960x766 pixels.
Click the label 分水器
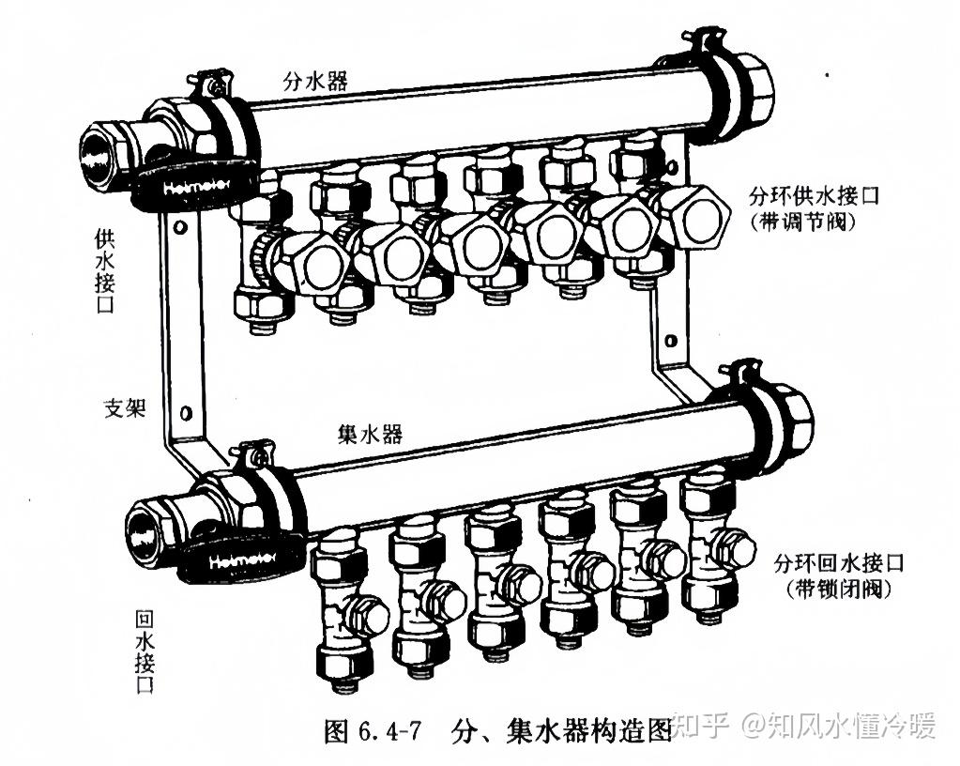[x=315, y=81]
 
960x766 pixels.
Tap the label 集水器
[x=370, y=434]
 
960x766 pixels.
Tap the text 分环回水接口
[x=838, y=564]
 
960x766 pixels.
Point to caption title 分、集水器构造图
[x=561, y=730]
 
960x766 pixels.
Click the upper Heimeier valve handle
[x=191, y=188]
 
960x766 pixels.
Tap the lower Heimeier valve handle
[x=239, y=559]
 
